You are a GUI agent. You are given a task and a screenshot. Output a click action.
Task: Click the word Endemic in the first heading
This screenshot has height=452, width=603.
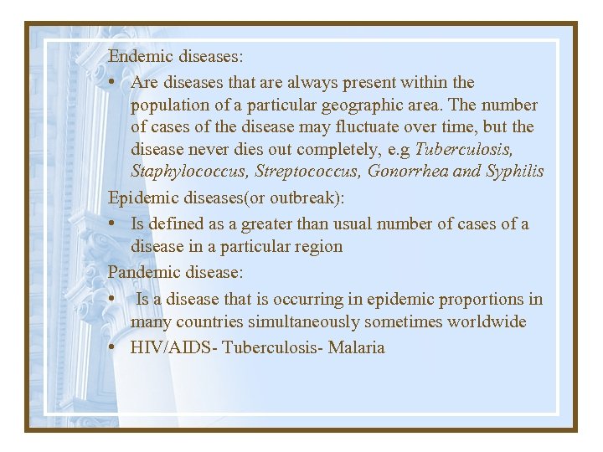coord(139,57)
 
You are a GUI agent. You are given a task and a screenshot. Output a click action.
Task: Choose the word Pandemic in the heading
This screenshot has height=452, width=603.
coord(142,272)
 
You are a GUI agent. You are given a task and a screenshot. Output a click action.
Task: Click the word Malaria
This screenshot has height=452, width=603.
coord(357,347)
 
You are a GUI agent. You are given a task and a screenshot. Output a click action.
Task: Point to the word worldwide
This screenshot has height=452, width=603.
coord(487,322)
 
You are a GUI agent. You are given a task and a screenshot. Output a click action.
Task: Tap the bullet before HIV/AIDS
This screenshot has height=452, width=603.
coord(112,347)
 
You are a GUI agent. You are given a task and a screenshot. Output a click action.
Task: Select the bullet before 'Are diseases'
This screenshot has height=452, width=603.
coord(112,83)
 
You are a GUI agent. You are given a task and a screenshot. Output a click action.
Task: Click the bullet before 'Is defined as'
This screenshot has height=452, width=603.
coord(112,224)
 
